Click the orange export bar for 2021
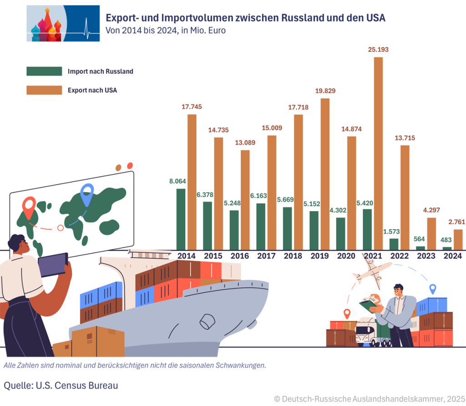point(378,153)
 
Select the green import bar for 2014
point(181,219)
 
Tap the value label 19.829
point(325,91)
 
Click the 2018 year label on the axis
point(293,256)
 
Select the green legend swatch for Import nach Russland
point(44,71)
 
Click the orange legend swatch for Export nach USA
point(44,90)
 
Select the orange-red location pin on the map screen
point(29,208)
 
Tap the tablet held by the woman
point(53,265)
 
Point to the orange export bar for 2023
point(431,233)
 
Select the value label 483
point(447,240)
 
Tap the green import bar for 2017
point(261,226)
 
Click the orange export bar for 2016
point(245,200)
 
